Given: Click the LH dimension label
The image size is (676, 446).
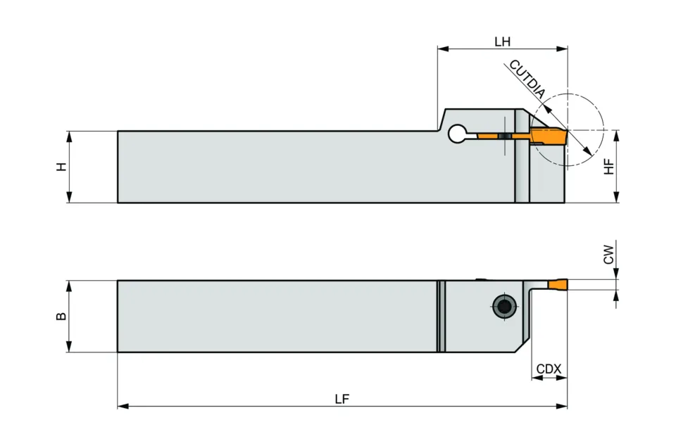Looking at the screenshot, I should (x=502, y=42).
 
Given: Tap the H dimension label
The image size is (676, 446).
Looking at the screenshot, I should (x=62, y=167).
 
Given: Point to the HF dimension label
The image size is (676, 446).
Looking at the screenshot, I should (x=610, y=166).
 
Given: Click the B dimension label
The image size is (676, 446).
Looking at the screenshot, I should (x=62, y=316).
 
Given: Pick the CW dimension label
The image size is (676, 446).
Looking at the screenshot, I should (x=610, y=254).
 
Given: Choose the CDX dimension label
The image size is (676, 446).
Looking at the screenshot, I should (x=549, y=369).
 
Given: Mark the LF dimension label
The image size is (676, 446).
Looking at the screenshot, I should (x=342, y=399).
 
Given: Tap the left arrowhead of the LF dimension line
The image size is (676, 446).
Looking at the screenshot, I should (x=121, y=406).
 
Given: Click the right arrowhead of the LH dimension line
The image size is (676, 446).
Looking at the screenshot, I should (x=563, y=49).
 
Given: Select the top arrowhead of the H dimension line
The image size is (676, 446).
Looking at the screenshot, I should (x=69, y=134).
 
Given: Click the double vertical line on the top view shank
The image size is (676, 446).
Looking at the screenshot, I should (x=441, y=316).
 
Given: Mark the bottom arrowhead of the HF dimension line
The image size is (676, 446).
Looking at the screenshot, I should (x=617, y=199).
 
